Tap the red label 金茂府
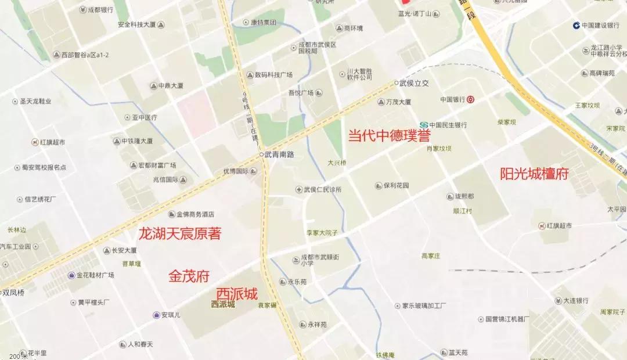point(189,276)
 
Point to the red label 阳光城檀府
point(534,174)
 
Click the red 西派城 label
point(237,294)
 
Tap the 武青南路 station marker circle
point(261,154)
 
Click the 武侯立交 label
point(413,83)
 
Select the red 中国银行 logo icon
point(470,99)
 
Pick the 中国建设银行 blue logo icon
point(576,25)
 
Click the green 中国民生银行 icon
point(424,125)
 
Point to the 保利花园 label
point(396,186)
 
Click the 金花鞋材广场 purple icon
point(71,275)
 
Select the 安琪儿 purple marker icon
point(156,315)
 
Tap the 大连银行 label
point(575,301)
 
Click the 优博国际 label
point(236,171)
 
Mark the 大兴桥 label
point(337,163)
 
